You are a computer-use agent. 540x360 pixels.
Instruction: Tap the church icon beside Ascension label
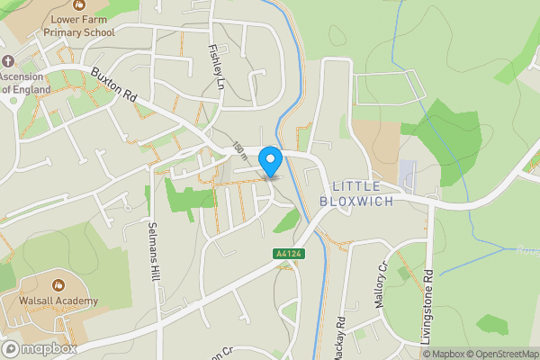point(8,61)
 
